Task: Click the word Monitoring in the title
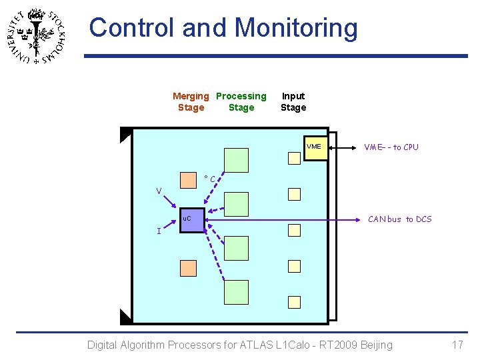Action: click(296, 28)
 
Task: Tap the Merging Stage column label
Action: click(191, 101)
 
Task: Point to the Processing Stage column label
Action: click(241, 101)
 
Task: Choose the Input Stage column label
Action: click(293, 101)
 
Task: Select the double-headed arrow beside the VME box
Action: click(343, 147)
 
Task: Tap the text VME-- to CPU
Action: click(391, 147)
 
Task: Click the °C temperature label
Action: click(209, 179)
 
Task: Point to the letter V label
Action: click(159, 191)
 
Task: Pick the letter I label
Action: click(158, 231)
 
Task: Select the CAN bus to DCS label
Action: click(400, 219)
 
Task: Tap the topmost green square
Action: click(236, 160)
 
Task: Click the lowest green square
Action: click(236, 292)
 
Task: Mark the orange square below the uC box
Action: click(189, 268)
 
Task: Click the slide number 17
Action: click(457, 345)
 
